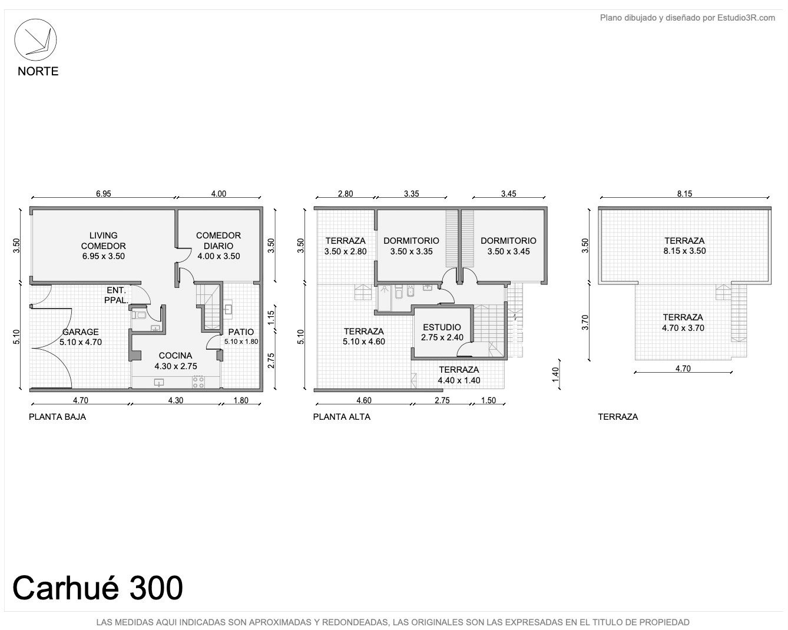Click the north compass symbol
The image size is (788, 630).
pos(35,40)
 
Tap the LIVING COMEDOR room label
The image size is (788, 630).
pos(103,246)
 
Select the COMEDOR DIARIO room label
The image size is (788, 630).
pos(218,246)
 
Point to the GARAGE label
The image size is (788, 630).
pos(81,332)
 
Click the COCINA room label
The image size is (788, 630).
pos(176,356)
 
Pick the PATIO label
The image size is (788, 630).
pos(241,332)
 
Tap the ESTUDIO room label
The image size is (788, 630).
pos(442,327)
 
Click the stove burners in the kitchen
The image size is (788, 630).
pos(198,382)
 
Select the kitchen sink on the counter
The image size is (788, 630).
pos(159,383)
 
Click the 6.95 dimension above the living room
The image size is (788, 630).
pos(104,194)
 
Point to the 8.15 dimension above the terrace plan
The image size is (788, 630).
pos(684,194)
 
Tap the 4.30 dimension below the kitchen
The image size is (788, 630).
pos(176,400)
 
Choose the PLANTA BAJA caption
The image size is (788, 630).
pos(58,417)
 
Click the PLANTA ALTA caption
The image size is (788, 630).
pos(342,417)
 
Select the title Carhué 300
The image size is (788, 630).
pos(98,588)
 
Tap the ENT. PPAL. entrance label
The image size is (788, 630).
pos(116,296)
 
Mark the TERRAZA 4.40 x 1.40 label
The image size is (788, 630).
pos(459,375)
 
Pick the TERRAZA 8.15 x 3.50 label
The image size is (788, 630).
pos(684,246)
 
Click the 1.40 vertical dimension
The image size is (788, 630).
pos(555,374)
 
